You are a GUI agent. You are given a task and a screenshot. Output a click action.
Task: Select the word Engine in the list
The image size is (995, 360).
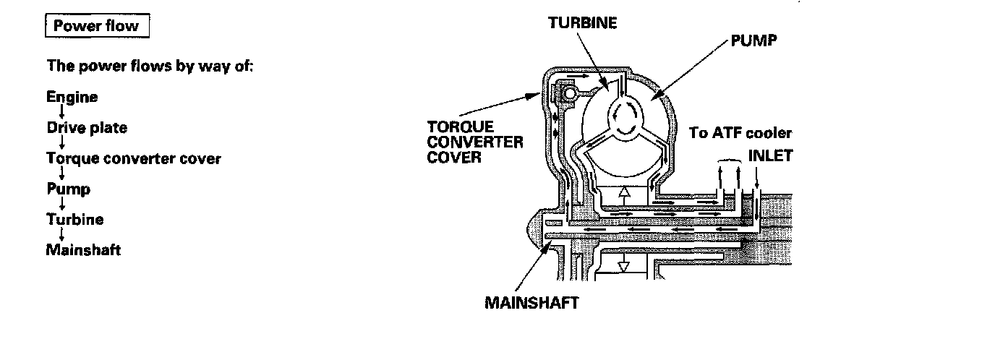coord(72,97)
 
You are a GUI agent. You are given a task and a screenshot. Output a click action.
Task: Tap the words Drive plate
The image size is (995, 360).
coord(86,128)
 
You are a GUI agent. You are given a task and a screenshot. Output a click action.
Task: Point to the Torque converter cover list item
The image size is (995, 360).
coord(133,158)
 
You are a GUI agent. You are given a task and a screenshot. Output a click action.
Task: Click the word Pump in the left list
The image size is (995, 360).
coord(69,189)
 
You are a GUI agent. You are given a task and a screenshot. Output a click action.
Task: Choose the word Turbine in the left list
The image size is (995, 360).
coord(74,220)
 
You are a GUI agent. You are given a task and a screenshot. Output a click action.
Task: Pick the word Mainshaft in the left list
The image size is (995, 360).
coord(83,250)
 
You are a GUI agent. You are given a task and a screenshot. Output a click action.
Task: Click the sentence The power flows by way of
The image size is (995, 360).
coord(149,66)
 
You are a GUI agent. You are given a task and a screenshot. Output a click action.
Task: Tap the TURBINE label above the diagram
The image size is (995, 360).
coord(582,22)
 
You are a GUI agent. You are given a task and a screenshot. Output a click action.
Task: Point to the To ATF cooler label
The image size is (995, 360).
coord(741,133)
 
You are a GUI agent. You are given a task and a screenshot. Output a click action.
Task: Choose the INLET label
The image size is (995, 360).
coord(770,155)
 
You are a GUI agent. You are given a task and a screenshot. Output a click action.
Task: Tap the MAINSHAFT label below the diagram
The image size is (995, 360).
coord(531,302)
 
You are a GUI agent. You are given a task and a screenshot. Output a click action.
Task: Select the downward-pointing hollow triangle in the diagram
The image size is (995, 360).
coord(623,265)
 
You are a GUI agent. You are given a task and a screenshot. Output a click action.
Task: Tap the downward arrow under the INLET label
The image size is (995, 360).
coord(756,178)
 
